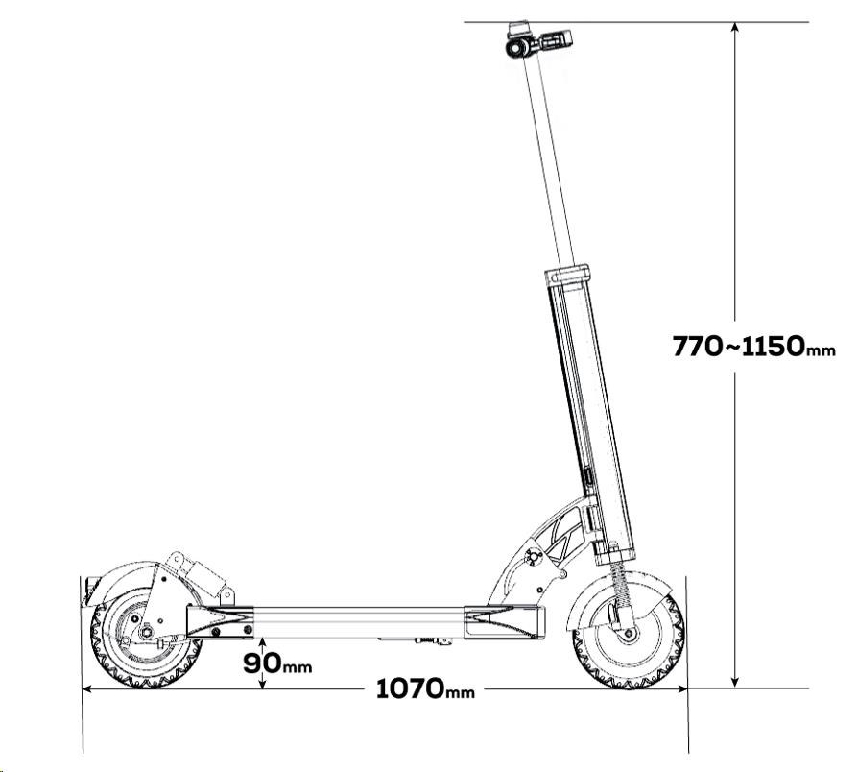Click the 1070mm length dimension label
[425, 688]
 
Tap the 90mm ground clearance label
[277, 663]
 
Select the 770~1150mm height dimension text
[754, 346]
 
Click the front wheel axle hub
[629, 635]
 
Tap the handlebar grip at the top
[556, 38]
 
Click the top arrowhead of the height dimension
[735, 29]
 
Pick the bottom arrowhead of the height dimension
[735, 681]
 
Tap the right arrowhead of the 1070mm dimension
[680, 688]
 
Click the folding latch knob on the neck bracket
[532, 557]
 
